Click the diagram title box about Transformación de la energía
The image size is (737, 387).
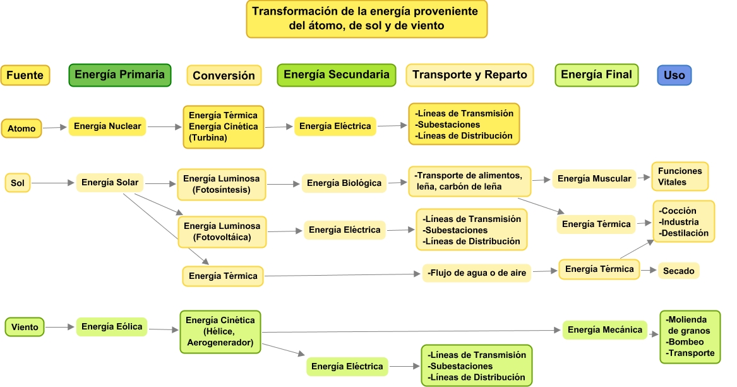pyautogui.click(x=366, y=19)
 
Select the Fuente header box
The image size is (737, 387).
pyautogui.click(x=25, y=75)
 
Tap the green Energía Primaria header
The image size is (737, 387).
pyautogui.click(x=120, y=75)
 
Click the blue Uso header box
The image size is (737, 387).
pyautogui.click(x=674, y=75)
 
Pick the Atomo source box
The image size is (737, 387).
pyautogui.click(x=21, y=128)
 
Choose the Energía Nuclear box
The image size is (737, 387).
pyautogui.click(x=107, y=126)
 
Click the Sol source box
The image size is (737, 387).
pyautogui.click(x=17, y=183)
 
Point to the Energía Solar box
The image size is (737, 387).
pyautogui.click(x=110, y=183)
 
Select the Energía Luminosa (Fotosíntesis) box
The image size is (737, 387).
pyautogui.click(x=222, y=183)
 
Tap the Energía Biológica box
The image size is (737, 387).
pyautogui.click(x=344, y=183)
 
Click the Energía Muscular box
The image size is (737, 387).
pyautogui.click(x=594, y=179)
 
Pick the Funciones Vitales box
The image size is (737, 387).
pyautogui.click(x=680, y=176)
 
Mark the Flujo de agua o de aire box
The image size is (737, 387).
pyautogui.click(x=477, y=273)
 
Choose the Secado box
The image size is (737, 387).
pyautogui.click(x=679, y=271)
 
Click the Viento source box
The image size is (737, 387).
pyautogui.click(x=25, y=327)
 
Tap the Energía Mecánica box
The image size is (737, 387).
pyautogui.click(x=605, y=329)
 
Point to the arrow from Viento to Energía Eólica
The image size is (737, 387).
pyautogui.click(x=61, y=327)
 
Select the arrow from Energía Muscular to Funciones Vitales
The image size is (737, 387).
pyautogui.click(x=644, y=178)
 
